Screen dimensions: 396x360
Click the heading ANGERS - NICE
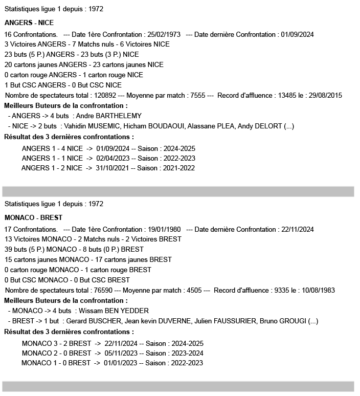pyautogui.click(x=29, y=23)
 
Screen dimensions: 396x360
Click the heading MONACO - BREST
pyautogui.click(x=33, y=217)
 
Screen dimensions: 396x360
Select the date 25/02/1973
pyautogui.click(x=163, y=34)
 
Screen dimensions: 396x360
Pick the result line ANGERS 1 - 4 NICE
pyautogui.click(x=52, y=148)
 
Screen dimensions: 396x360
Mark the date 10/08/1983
pyautogui.click(x=318, y=290)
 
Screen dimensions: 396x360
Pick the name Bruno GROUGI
pyautogui.click(x=285, y=321)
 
